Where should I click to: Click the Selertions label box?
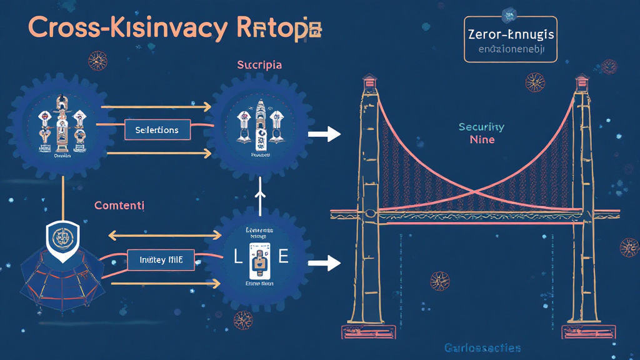pos(157,130)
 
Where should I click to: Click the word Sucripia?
pos(259,64)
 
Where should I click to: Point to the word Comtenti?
pos(119,205)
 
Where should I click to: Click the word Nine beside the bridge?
pos(482,139)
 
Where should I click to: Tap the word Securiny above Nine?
pos(481,127)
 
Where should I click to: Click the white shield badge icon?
pos(62,237)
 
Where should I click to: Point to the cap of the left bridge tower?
pos(371,80)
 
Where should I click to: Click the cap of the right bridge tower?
pos(582,80)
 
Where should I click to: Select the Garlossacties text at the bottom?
pos(482,347)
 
